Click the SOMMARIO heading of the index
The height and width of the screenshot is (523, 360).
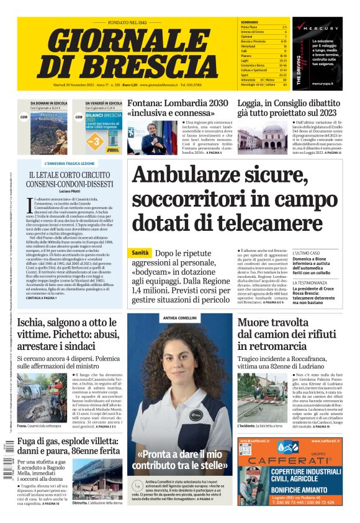[x=250, y=22]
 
